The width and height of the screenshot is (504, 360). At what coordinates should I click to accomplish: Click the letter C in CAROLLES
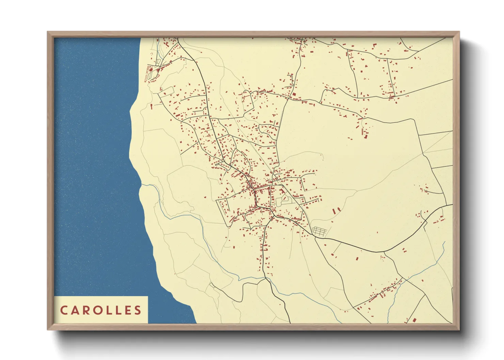click(64, 310)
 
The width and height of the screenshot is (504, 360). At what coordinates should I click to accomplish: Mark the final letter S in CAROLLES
click(137, 310)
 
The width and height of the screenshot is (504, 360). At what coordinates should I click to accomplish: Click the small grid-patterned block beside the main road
click(319, 231)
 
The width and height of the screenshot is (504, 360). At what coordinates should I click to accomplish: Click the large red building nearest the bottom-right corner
click(414, 320)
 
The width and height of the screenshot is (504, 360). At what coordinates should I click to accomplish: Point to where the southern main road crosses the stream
click(266, 278)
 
